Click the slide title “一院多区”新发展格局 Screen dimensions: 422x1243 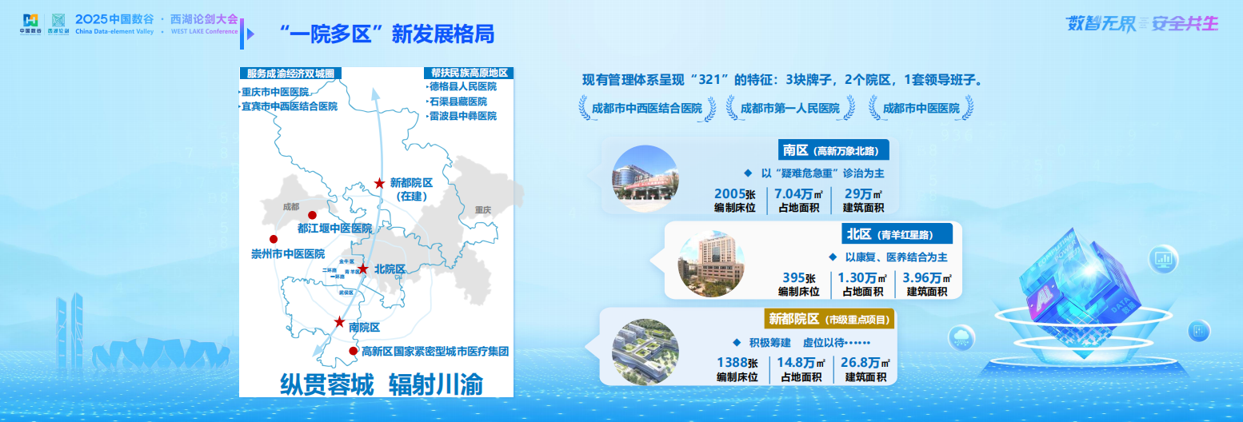[x=387, y=34]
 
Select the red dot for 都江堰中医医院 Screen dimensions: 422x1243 [x=312, y=215]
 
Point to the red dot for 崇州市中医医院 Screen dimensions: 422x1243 [x=274, y=239]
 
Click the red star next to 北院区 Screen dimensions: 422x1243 [x=363, y=269]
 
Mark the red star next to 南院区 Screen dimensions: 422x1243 [x=340, y=322]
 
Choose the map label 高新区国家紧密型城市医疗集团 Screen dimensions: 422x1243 [x=435, y=352]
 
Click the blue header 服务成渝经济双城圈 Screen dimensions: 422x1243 [x=290, y=73]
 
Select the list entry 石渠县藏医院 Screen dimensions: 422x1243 [x=458, y=102]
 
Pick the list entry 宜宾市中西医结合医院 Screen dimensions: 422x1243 [x=290, y=106]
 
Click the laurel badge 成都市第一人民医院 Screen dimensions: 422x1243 [x=789, y=108]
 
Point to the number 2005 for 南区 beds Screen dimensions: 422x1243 [x=729, y=193]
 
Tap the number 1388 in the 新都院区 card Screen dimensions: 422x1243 [x=732, y=362]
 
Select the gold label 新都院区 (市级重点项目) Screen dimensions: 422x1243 [x=828, y=319]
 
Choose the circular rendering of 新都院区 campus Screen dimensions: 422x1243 [x=645, y=352]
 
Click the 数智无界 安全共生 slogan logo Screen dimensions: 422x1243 [x=1141, y=24]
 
